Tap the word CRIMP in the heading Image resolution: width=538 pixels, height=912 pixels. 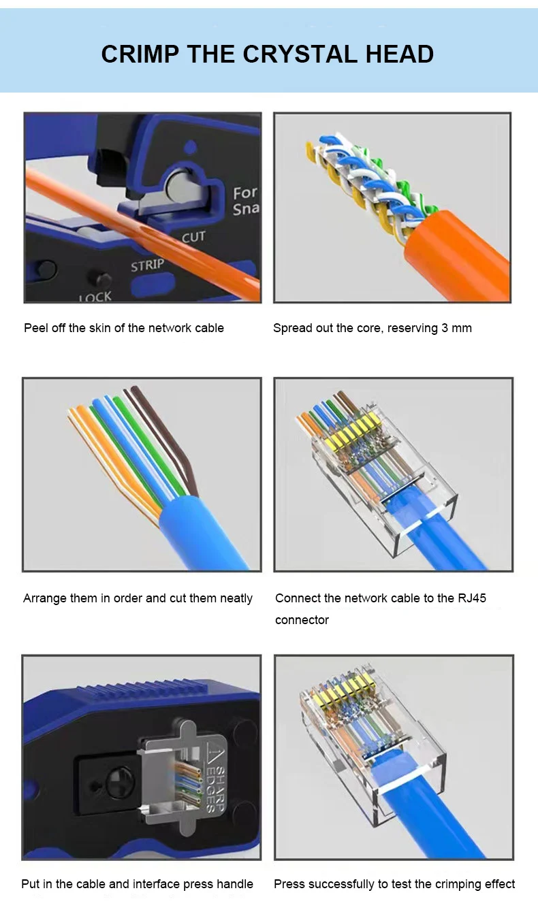[140, 54]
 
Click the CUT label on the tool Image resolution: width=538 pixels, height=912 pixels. [193, 237]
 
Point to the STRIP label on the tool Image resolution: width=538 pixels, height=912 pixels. [147, 265]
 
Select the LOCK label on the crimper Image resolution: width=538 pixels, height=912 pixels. [95, 297]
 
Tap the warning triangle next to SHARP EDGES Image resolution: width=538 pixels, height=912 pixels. [215, 752]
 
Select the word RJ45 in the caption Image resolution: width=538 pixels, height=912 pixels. [472, 598]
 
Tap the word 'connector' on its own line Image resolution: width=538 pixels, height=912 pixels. [302, 620]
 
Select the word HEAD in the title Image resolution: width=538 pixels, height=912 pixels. [400, 54]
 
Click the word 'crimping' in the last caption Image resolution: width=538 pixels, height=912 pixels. [458, 884]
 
